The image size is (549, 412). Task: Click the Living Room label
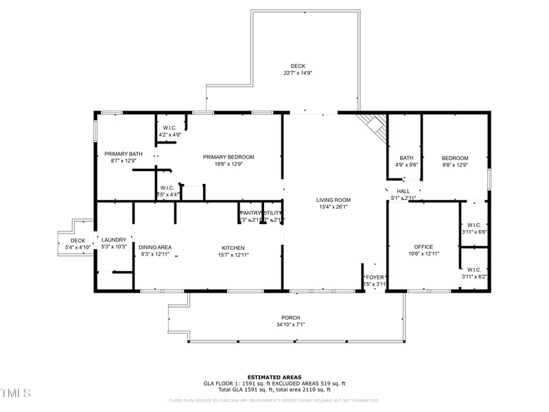coord(334,200)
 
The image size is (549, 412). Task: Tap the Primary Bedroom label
coord(229,157)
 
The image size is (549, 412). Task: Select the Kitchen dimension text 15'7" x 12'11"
coord(233,255)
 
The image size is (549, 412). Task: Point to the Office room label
coord(423,247)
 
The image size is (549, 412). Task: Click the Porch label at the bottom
coord(290,317)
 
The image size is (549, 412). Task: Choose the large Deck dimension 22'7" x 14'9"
coord(298,73)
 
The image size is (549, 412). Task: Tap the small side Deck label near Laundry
coord(78,240)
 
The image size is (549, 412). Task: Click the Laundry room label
coord(114,240)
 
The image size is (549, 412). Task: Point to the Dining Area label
coord(154,247)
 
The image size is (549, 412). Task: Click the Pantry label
coord(248,213)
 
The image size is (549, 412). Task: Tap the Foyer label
coord(375,277)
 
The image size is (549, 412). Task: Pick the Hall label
coord(403,192)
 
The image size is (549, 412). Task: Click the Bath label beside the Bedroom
coord(406,158)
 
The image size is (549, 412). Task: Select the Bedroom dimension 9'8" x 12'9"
coord(455,165)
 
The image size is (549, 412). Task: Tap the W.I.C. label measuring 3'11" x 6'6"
coord(474,225)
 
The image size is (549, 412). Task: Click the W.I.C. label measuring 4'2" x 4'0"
coord(170,128)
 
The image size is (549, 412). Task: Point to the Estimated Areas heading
coord(274,377)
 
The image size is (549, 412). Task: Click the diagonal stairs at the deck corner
coord(373,125)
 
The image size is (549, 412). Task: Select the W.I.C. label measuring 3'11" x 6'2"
coord(474,270)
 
